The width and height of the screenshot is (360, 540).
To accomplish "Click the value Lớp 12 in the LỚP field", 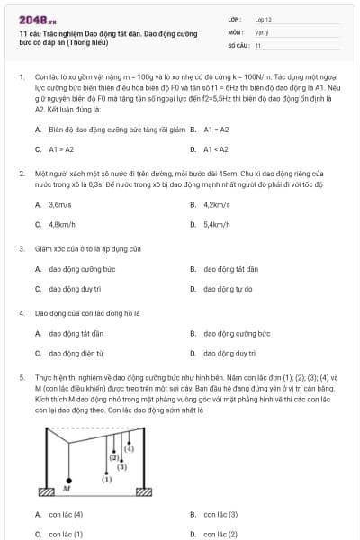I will click(263, 18).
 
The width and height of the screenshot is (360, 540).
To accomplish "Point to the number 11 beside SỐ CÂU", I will click(258, 44).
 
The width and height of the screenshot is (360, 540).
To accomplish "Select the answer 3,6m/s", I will click(61, 204).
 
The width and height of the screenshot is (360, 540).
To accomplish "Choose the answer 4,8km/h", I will click(62, 223).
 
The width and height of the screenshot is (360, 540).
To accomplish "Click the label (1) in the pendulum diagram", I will click(106, 480).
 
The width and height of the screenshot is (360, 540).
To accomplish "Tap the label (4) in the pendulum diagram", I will click(130, 447).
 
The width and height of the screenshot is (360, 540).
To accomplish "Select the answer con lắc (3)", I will click(220, 514).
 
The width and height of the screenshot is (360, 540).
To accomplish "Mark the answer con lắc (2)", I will click(220, 534).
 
